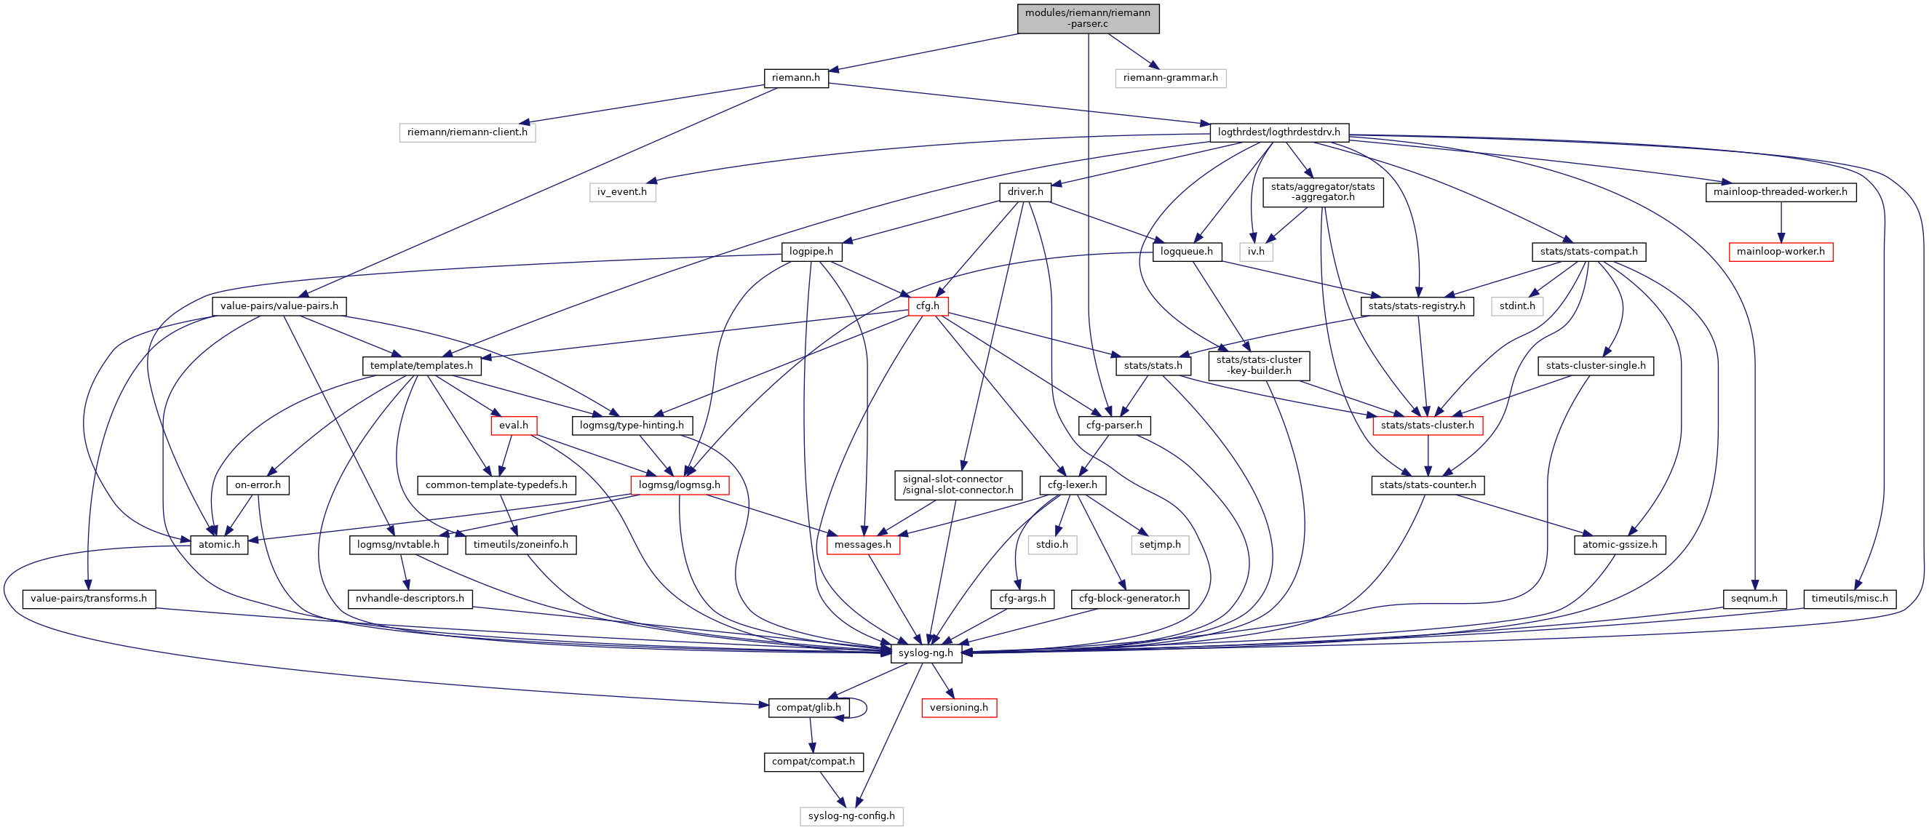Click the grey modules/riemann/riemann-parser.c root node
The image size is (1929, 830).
(1088, 19)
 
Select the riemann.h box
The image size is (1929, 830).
(795, 78)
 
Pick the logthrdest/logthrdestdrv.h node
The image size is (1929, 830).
(1278, 132)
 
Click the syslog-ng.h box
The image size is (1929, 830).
(926, 653)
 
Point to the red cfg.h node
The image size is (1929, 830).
(928, 306)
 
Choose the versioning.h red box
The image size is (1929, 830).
(958, 707)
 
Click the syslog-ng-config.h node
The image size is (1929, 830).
(851, 815)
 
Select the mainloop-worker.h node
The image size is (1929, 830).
(1780, 252)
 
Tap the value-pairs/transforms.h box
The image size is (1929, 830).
(88, 599)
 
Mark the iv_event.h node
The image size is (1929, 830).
(621, 192)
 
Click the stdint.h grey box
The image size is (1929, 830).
(1516, 306)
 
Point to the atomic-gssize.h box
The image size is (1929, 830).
(1619, 545)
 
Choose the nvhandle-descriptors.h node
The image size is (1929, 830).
(410, 599)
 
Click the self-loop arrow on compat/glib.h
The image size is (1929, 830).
(866, 707)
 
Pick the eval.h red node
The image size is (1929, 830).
(513, 425)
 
